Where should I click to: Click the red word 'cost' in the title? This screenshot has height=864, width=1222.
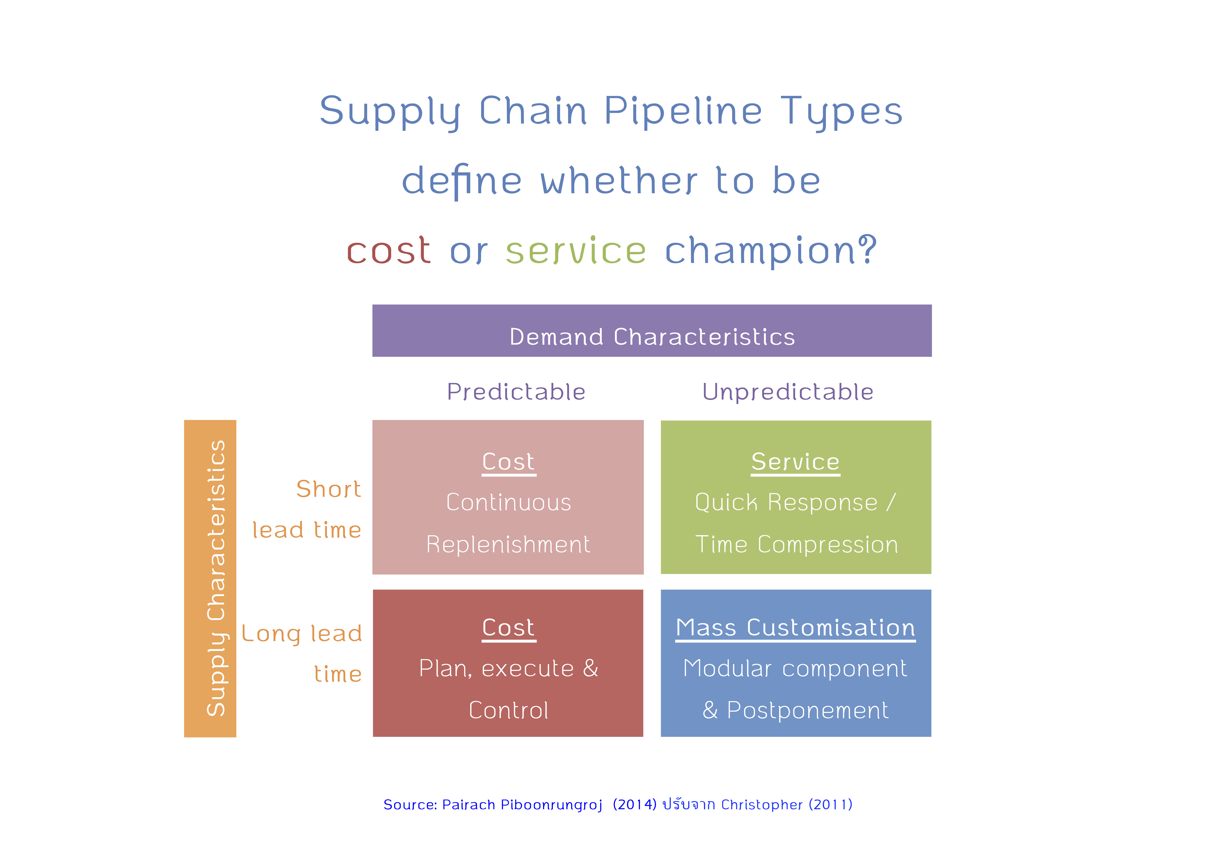(x=388, y=250)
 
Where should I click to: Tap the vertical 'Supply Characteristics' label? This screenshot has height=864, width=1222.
(x=216, y=578)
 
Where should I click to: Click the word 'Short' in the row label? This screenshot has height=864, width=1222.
(x=328, y=489)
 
